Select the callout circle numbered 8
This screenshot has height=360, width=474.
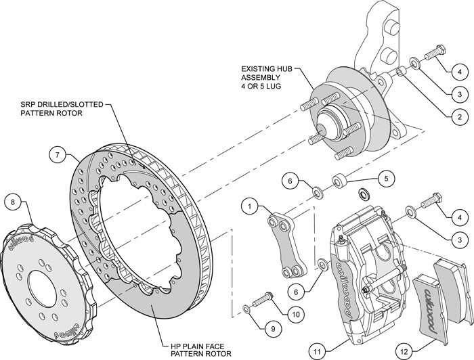click(x=14, y=201)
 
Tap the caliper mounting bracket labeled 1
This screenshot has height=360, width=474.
click(x=284, y=244)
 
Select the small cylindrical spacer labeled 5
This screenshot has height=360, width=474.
click(x=341, y=181)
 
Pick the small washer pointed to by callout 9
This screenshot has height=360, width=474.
click(x=244, y=308)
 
